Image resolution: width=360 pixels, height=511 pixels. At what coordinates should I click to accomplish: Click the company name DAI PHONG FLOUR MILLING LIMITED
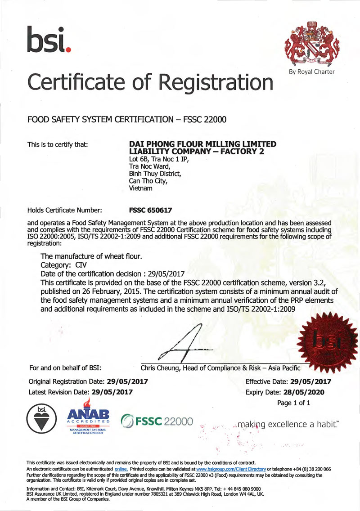coord(202,144)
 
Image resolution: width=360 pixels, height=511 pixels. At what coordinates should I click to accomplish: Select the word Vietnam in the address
coord(140,189)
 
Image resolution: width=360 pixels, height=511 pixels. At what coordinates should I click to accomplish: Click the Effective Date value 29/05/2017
coord(307,381)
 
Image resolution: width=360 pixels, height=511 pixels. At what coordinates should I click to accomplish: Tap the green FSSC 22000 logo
coord(157,422)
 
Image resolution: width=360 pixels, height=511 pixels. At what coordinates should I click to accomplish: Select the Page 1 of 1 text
coord(294,403)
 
